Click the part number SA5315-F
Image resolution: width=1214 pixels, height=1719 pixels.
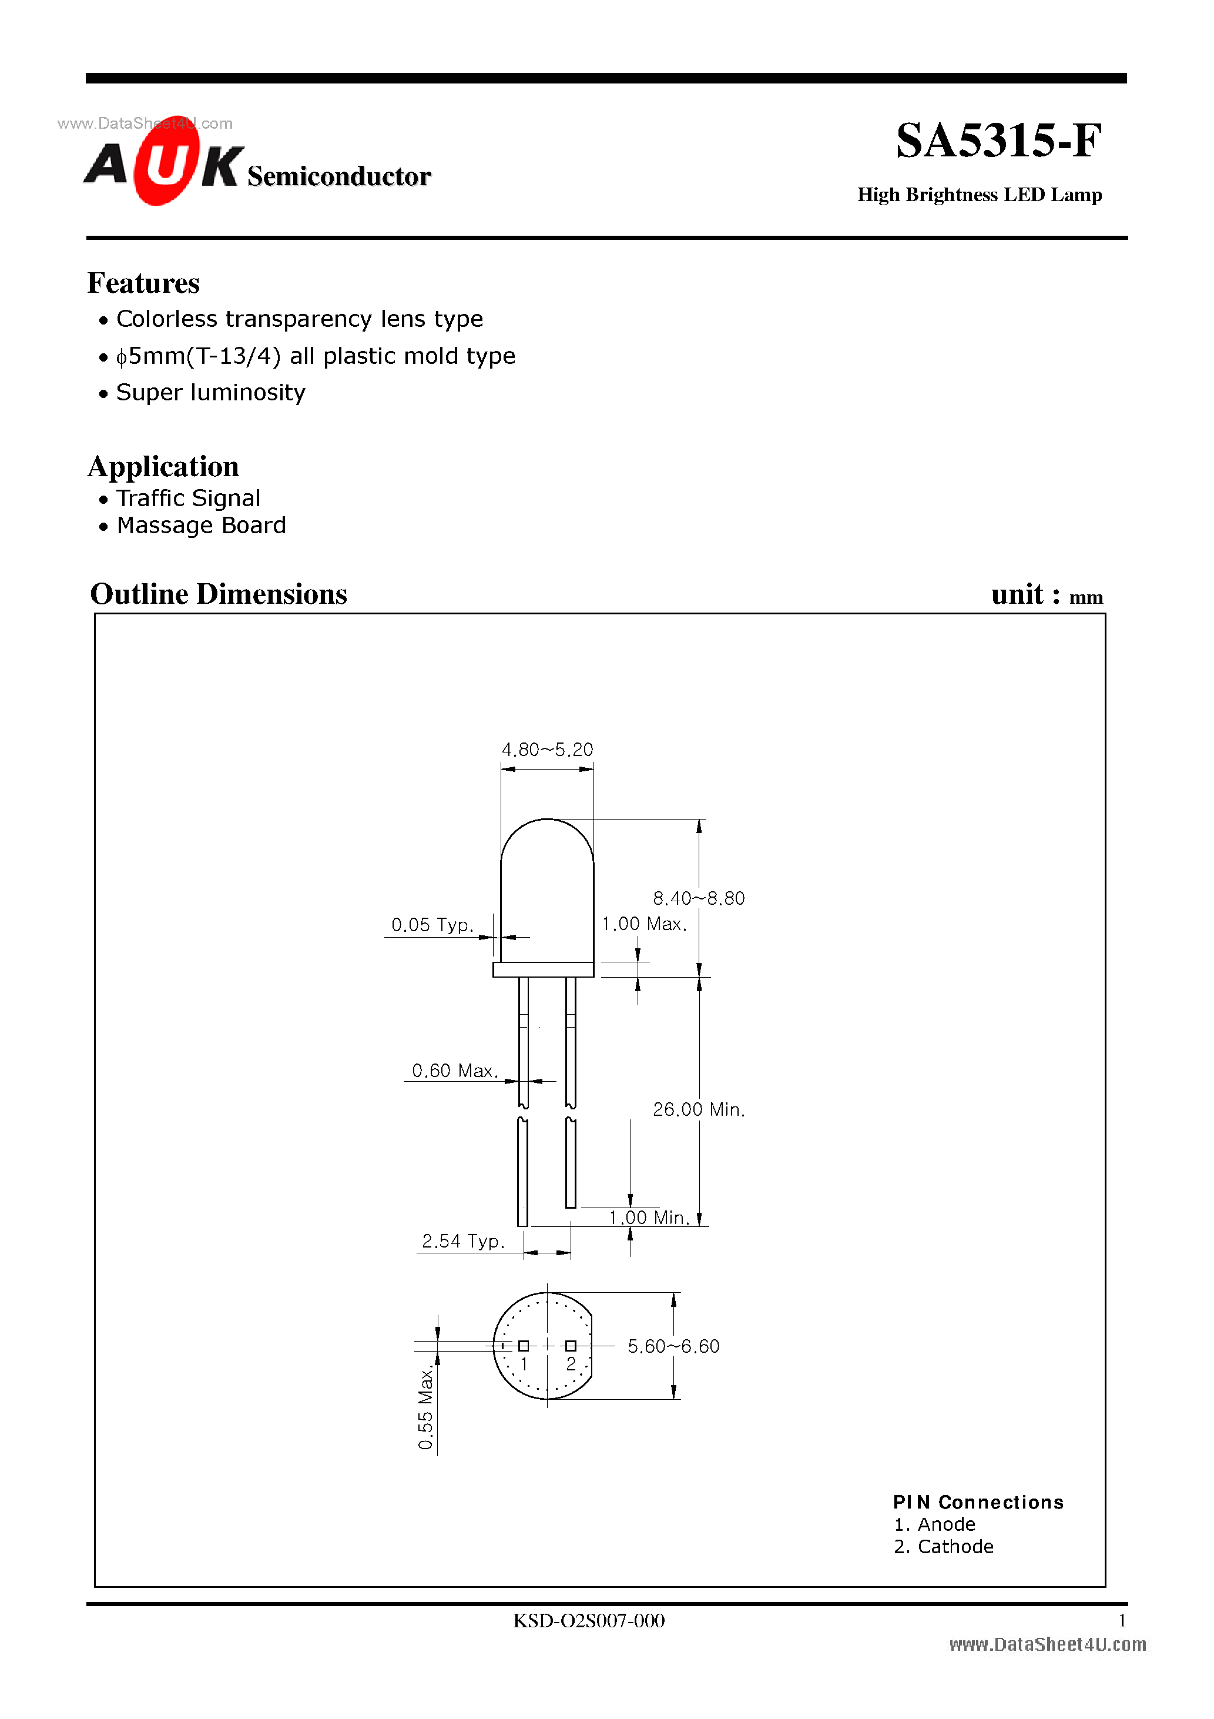[998, 141]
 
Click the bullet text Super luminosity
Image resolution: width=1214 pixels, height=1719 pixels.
[210, 392]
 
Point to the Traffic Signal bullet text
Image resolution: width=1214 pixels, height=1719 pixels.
[188, 498]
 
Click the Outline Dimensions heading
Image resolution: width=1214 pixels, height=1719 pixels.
[218, 594]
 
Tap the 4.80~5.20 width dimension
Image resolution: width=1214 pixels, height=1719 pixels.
[547, 750]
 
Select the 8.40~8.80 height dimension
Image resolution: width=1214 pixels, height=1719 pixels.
[698, 898]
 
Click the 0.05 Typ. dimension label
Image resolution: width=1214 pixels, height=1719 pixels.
[432, 925]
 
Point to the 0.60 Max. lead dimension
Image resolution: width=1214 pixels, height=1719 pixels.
[454, 1071]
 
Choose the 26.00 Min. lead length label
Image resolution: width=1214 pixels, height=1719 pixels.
[698, 1109]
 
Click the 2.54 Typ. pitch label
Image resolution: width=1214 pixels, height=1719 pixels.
[462, 1240]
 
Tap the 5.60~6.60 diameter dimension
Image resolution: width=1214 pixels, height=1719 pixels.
[673, 1346]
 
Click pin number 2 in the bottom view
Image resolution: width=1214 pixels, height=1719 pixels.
[571, 1363]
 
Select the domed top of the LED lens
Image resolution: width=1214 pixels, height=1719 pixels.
[547, 838]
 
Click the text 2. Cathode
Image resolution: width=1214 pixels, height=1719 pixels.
[943, 1546]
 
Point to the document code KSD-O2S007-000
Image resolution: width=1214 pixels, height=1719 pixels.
[588, 1620]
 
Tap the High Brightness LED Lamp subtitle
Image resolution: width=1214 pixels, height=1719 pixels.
[979, 195]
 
